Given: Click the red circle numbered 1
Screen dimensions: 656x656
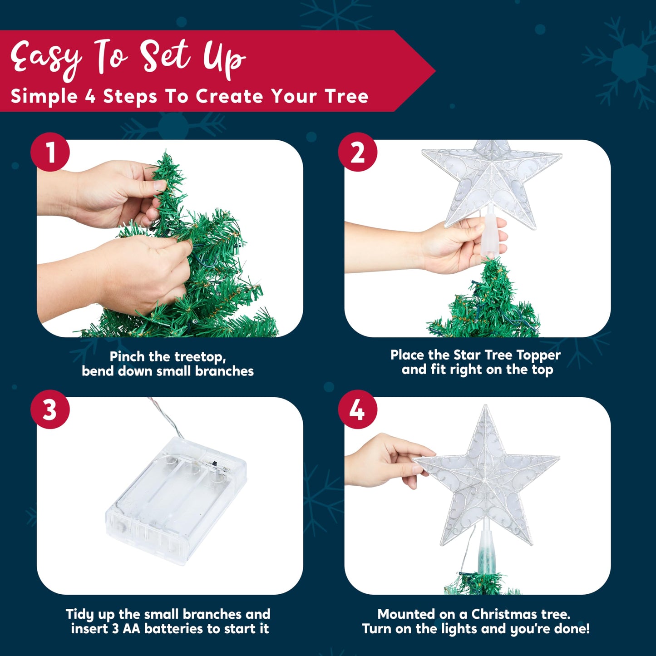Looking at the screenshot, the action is click(x=50, y=152).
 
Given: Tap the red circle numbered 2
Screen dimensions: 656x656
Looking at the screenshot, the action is click(x=357, y=152).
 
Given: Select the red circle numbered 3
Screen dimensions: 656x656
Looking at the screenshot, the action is click(x=50, y=409).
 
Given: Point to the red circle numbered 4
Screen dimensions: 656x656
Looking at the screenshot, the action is click(x=357, y=409).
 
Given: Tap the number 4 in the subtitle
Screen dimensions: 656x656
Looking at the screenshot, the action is click(x=90, y=96).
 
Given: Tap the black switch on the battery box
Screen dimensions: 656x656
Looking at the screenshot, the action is click(x=215, y=464).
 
